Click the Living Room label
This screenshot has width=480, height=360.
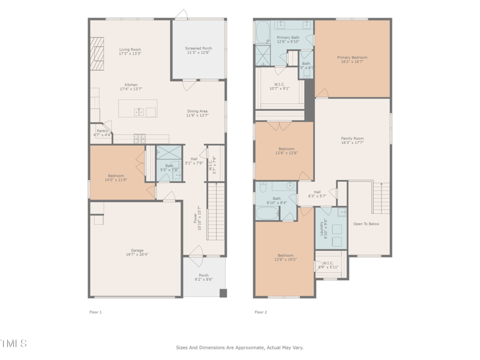pyautogui.click(x=130, y=49)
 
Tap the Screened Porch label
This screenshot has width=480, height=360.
pyautogui.click(x=198, y=49)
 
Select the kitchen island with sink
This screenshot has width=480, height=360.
pyautogui.click(x=137, y=109)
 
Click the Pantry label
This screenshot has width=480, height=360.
pyautogui.click(x=102, y=131)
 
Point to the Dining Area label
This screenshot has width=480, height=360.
pyautogui.click(x=197, y=111)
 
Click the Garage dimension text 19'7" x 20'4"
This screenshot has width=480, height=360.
pyautogui.click(x=137, y=254)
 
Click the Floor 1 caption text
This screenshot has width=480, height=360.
pyautogui.click(x=95, y=312)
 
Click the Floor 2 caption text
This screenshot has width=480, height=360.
pyautogui.click(x=260, y=312)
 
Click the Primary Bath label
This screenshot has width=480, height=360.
pyautogui.click(x=288, y=38)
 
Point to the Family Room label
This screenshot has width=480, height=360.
pyautogui.click(x=352, y=139)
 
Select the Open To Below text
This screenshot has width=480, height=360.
pyautogui.click(x=366, y=224)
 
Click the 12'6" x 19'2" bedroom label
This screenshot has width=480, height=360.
pyautogui.click(x=286, y=256)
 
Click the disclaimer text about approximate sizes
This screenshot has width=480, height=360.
pyautogui.click(x=239, y=347)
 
